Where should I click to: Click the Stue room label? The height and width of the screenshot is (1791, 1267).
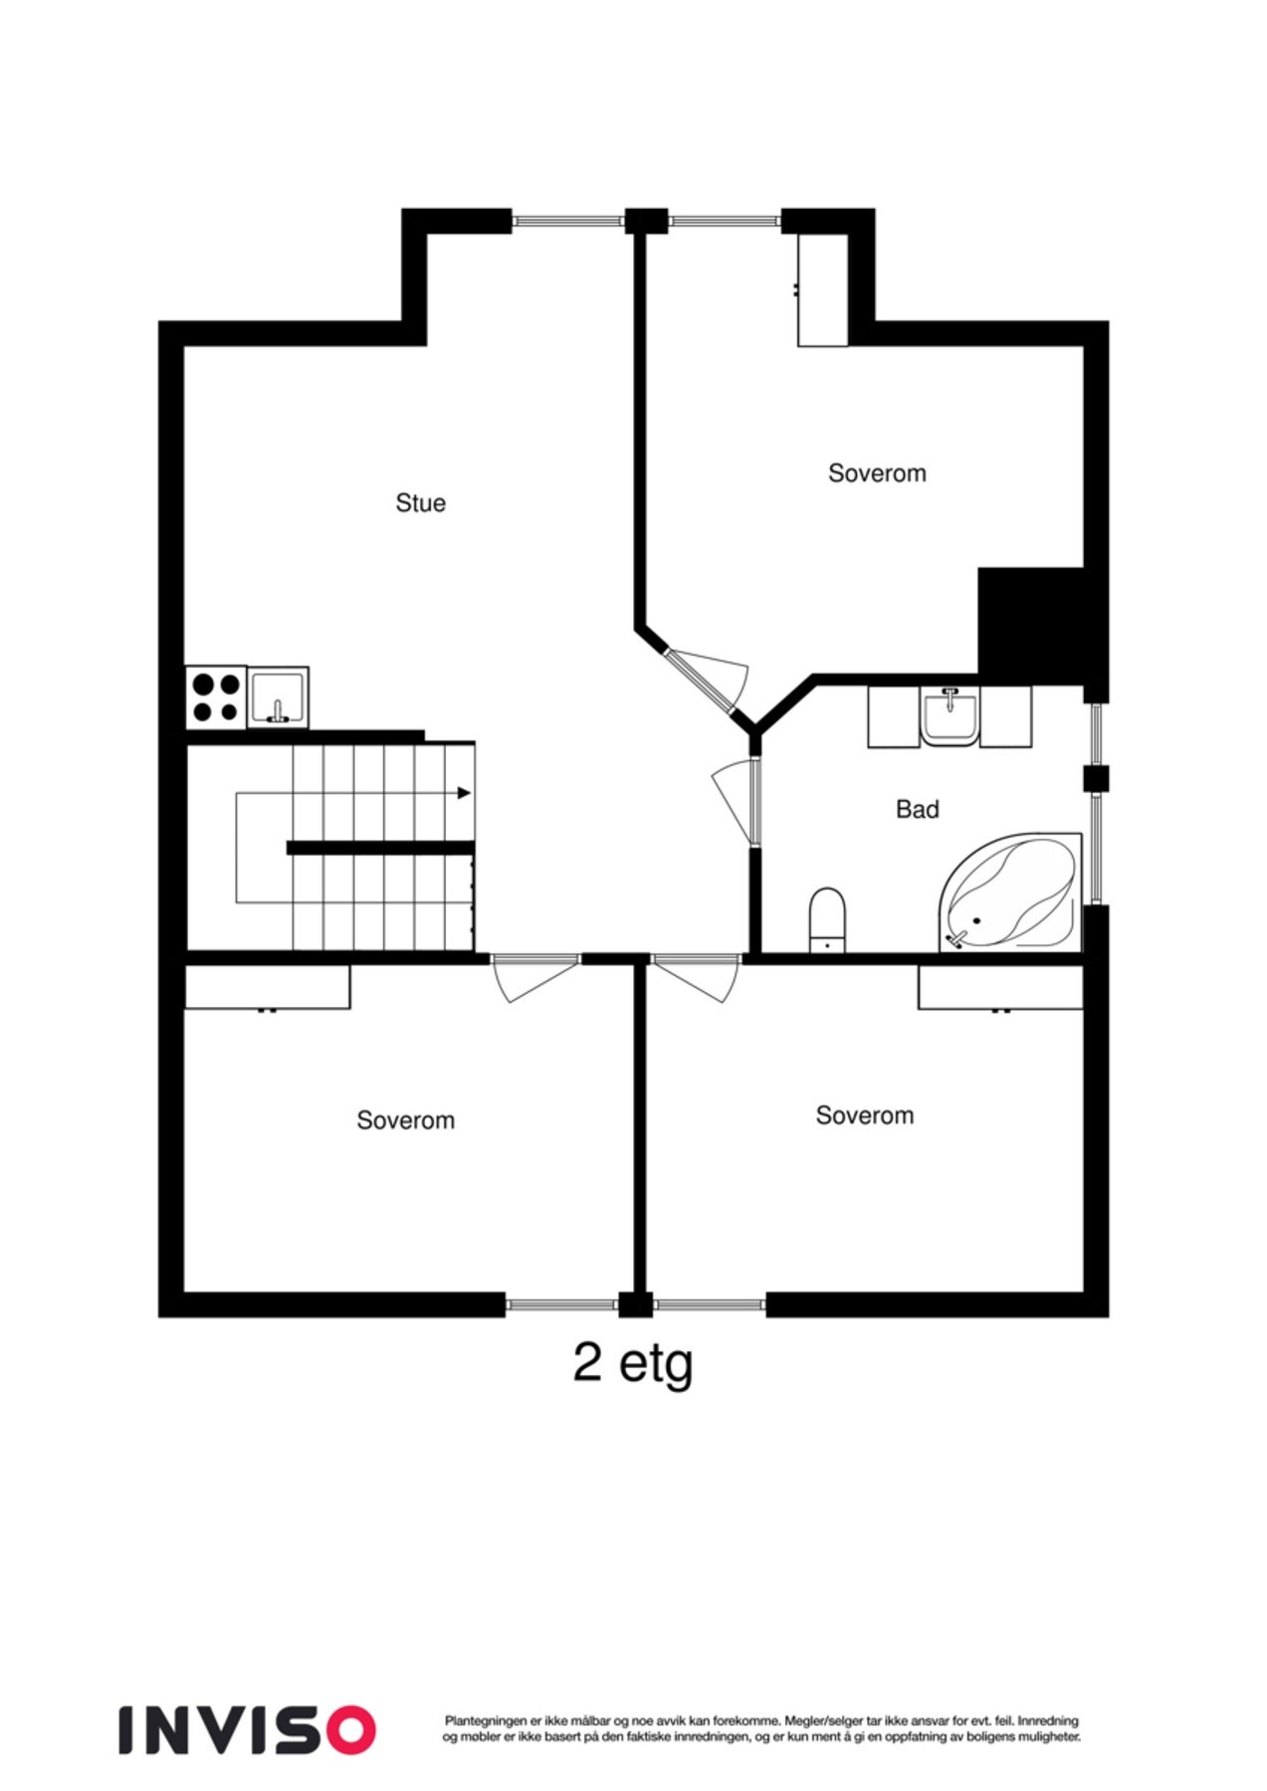tap(420, 502)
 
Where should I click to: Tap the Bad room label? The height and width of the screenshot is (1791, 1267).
tap(917, 809)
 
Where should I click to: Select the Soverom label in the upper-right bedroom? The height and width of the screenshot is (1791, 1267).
tap(877, 473)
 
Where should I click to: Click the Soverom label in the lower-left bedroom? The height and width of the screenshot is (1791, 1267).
tap(405, 1120)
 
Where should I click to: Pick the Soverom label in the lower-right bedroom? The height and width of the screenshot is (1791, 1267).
tap(864, 1115)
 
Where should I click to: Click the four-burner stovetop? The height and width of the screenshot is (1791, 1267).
tap(216, 696)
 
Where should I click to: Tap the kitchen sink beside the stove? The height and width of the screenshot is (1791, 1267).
tap(278, 696)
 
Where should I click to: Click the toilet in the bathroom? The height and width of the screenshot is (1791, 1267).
tap(827, 917)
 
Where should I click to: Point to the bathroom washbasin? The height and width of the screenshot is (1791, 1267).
tap(950, 715)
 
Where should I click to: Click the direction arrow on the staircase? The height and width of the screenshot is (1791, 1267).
tap(463, 793)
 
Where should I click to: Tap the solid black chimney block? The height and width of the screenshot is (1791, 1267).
tap(1030, 622)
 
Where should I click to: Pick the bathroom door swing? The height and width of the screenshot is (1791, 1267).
tap(737, 801)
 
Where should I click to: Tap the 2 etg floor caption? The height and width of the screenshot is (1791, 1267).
tap(632, 1364)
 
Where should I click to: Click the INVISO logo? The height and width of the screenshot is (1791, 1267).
tap(247, 1729)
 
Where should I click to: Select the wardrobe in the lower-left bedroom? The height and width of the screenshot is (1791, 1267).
tap(268, 987)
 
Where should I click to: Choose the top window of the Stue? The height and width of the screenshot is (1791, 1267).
tap(567, 220)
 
